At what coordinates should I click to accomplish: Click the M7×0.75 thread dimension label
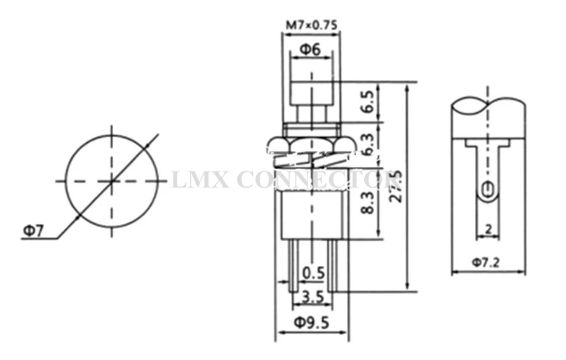click(311, 25)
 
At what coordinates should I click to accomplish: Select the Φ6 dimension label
click(311, 49)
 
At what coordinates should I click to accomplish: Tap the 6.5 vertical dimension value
click(367, 102)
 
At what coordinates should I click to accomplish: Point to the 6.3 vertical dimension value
click(367, 144)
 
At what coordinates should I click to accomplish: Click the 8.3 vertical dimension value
click(367, 203)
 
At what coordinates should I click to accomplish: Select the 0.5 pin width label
click(313, 273)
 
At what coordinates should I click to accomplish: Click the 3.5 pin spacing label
click(313, 297)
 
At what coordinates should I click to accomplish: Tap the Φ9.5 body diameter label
click(311, 322)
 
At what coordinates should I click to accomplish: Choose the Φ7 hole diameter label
click(33, 230)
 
